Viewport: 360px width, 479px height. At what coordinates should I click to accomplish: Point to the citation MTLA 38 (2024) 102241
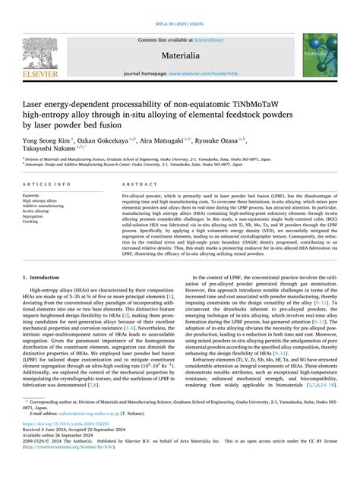pyautogui.click(x=179, y=7)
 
